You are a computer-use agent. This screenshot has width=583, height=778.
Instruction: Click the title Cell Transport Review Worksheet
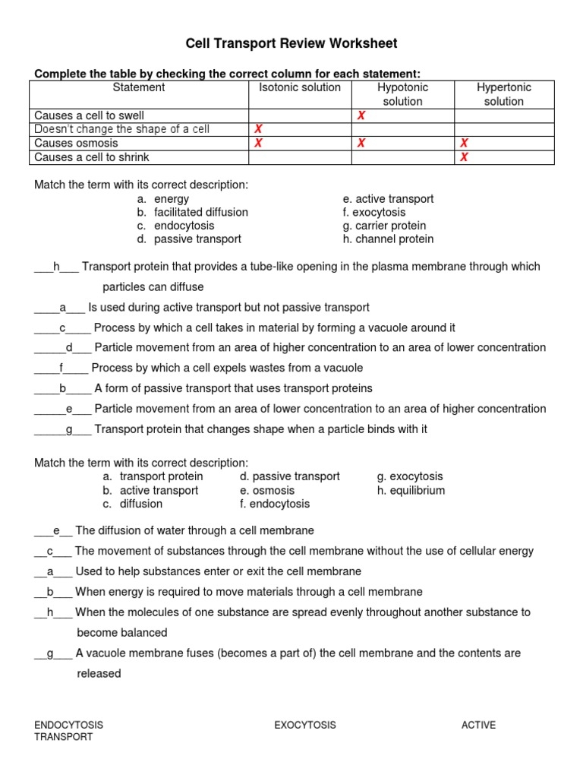pyautogui.click(x=291, y=43)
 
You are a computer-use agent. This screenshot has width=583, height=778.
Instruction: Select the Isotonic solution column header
pyautogui.click(x=300, y=87)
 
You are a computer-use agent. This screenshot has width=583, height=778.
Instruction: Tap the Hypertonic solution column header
pyautogui.click(x=504, y=94)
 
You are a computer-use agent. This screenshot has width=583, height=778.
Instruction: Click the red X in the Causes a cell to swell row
pyautogui.click(x=361, y=115)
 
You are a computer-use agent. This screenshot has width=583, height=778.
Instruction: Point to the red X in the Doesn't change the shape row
pyautogui.click(x=258, y=129)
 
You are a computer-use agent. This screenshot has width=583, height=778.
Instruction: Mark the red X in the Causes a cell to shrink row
pyautogui.click(x=464, y=157)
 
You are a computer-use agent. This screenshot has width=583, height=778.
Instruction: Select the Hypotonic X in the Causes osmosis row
pyautogui.click(x=361, y=143)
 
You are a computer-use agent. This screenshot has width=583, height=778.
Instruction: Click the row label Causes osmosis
pyautogui.click(x=76, y=143)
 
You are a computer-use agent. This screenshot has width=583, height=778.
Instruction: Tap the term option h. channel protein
pyautogui.click(x=388, y=239)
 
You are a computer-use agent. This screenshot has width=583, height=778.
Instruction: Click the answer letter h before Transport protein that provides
pyautogui.click(x=56, y=267)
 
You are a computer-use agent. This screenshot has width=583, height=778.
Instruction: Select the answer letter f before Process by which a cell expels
pyautogui.click(x=61, y=368)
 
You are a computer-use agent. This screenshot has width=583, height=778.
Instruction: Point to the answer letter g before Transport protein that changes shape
pyautogui.click(x=68, y=429)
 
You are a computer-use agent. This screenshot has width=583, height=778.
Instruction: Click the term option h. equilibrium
pyautogui.click(x=411, y=490)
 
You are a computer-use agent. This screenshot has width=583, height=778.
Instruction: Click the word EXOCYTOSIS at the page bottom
pyautogui.click(x=304, y=725)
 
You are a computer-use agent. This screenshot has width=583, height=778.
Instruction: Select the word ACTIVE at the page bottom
pyautogui.click(x=478, y=725)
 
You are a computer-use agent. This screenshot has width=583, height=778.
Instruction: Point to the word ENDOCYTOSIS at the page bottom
pyautogui.click(x=68, y=725)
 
